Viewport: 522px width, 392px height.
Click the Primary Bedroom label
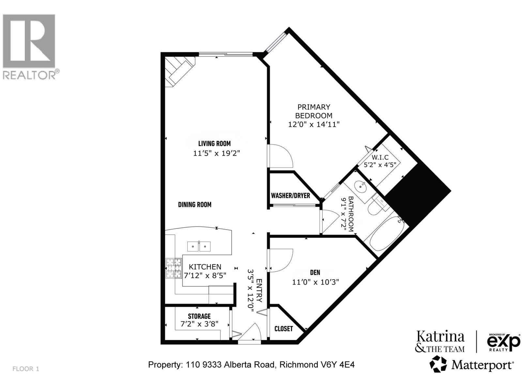pos(314,111)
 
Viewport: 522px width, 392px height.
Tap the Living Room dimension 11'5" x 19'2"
pos(217,153)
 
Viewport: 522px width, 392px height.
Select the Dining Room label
pos(195,204)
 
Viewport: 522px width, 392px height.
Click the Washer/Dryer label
pos(290,195)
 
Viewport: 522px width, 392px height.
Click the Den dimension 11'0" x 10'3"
pos(315,282)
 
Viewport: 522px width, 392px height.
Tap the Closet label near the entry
pos(284,329)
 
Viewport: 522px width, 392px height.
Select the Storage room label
pos(199,316)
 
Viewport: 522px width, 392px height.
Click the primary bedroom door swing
pos(281,157)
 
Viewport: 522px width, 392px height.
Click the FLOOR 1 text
pos(26,369)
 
